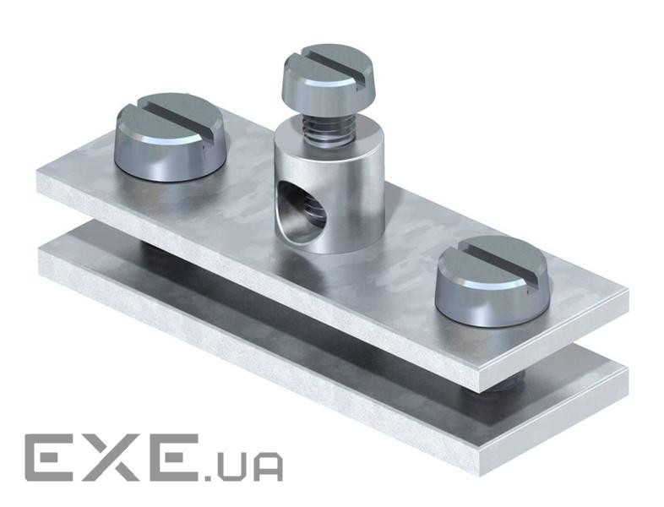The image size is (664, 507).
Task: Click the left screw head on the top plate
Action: pos(171,136)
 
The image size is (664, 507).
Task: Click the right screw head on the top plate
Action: pos(493,275)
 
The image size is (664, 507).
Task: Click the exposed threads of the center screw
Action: pos(327,128)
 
